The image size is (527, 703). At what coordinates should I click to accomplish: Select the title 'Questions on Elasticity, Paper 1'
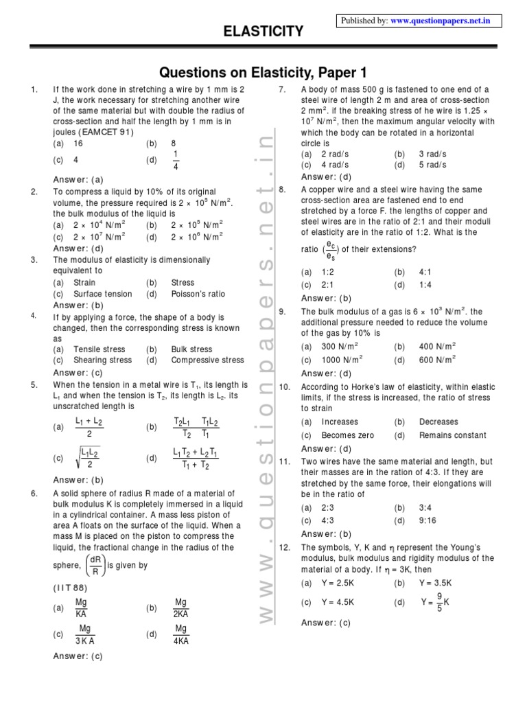pyautogui.click(x=263, y=72)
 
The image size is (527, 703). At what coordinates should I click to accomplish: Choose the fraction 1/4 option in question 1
pyautogui.click(x=175, y=160)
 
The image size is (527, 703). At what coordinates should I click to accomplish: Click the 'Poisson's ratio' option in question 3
pyautogui.click(x=198, y=294)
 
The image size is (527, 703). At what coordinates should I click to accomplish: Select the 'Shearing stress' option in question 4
pyautogui.click(x=102, y=360)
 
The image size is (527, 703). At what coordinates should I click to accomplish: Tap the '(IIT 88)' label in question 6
pyautogui.click(x=70, y=588)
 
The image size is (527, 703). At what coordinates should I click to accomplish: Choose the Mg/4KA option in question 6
pyautogui.click(x=181, y=635)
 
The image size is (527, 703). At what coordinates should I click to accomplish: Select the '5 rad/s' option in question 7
pyautogui.click(x=432, y=165)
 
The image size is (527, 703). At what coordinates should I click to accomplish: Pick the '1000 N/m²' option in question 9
pyautogui.click(x=342, y=360)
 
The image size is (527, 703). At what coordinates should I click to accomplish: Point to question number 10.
pyautogui.click(x=285, y=387)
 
